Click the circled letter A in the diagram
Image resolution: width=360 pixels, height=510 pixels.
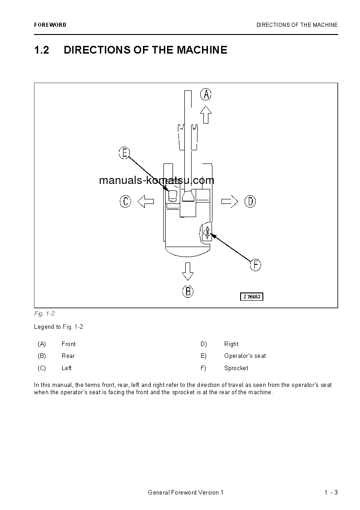point(206,94)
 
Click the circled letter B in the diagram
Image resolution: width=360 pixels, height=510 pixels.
point(188,291)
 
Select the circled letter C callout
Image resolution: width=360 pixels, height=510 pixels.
point(125,201)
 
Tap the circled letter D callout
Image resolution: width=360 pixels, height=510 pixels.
point(250,201)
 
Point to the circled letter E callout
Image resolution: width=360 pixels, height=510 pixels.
point(124,153)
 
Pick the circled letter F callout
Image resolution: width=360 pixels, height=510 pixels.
point(256,265)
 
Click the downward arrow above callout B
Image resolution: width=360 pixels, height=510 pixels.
point(187,271)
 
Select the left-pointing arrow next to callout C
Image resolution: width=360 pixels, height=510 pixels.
point(145,201)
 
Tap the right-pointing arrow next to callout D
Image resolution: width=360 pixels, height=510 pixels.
point(230,201)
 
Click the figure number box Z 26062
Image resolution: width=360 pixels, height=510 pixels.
point(252,297)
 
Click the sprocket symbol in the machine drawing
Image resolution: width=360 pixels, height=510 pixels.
point(207,233)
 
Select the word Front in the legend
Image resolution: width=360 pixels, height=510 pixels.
point(69,344)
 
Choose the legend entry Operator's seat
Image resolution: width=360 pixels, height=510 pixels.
point(245,356)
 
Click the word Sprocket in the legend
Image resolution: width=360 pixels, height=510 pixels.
point(236,368)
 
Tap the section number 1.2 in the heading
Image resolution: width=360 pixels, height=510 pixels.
point(41,50)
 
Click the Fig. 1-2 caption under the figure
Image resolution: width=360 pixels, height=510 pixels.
point(44,314)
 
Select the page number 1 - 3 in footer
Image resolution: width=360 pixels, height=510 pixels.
point(331,493)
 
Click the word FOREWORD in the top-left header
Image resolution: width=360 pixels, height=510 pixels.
point(50,25)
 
